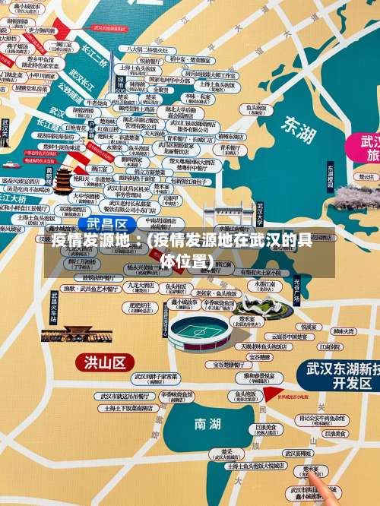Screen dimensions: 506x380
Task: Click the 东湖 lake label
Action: (297, 129)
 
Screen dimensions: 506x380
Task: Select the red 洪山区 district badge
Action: (104, 362)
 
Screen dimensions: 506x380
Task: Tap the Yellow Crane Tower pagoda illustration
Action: (64, 179)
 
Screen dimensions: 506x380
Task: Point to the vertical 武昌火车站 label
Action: (54, 308)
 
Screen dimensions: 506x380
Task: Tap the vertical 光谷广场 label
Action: (296, 291)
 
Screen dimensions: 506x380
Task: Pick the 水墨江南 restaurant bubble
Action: (265, 286)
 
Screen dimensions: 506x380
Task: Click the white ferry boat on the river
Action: (11, 163)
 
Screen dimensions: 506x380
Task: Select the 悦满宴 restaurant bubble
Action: (309, 327)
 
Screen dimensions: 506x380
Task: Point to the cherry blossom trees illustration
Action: (356, 197)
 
